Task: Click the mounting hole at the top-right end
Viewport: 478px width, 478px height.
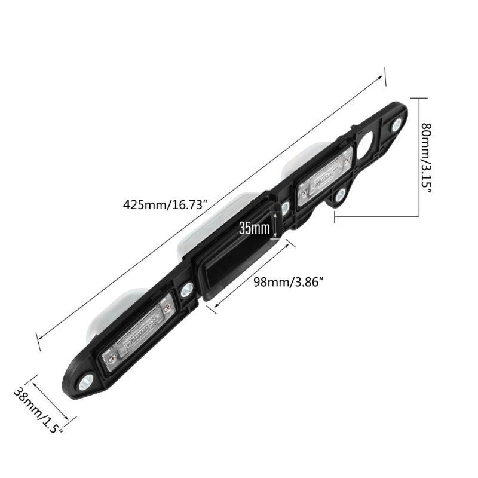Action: pyautogui.click(x=397, y=124)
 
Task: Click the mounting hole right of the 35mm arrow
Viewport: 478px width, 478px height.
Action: pyautogui.click(x=286, y=207)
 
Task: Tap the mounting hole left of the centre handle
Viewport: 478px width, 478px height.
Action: pyautogui.click(x=186, y=290)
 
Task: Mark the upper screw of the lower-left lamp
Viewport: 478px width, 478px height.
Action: pyautogui.click(x=168, y=307)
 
